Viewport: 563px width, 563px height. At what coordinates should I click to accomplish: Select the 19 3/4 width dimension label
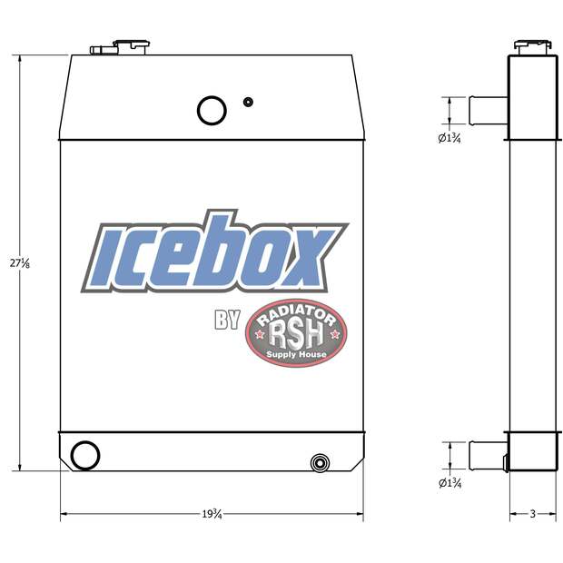pos(212,515)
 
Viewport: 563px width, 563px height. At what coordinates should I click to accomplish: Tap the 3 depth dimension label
pos(532,515)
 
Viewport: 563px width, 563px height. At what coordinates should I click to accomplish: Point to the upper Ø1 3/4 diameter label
pos(449,139)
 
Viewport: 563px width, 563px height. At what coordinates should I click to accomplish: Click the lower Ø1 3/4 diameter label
pos(449,482)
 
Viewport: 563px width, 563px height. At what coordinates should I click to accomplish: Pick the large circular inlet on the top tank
pos(212,110)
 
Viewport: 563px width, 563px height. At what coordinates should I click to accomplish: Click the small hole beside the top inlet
pos(248,102)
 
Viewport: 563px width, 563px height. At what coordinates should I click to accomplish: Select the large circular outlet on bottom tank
pos(85,454)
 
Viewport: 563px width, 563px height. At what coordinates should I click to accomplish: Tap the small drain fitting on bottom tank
pos(319,463)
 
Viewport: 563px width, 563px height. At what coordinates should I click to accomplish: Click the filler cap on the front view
pos(129,45)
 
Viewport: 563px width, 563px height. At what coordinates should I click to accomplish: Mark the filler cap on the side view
pos(533,44)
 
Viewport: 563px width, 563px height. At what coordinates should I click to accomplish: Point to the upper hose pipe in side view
pos(486,109)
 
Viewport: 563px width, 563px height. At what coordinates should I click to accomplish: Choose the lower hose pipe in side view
pos(486,452)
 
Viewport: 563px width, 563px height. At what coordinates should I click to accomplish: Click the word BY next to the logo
pos(227,320)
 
